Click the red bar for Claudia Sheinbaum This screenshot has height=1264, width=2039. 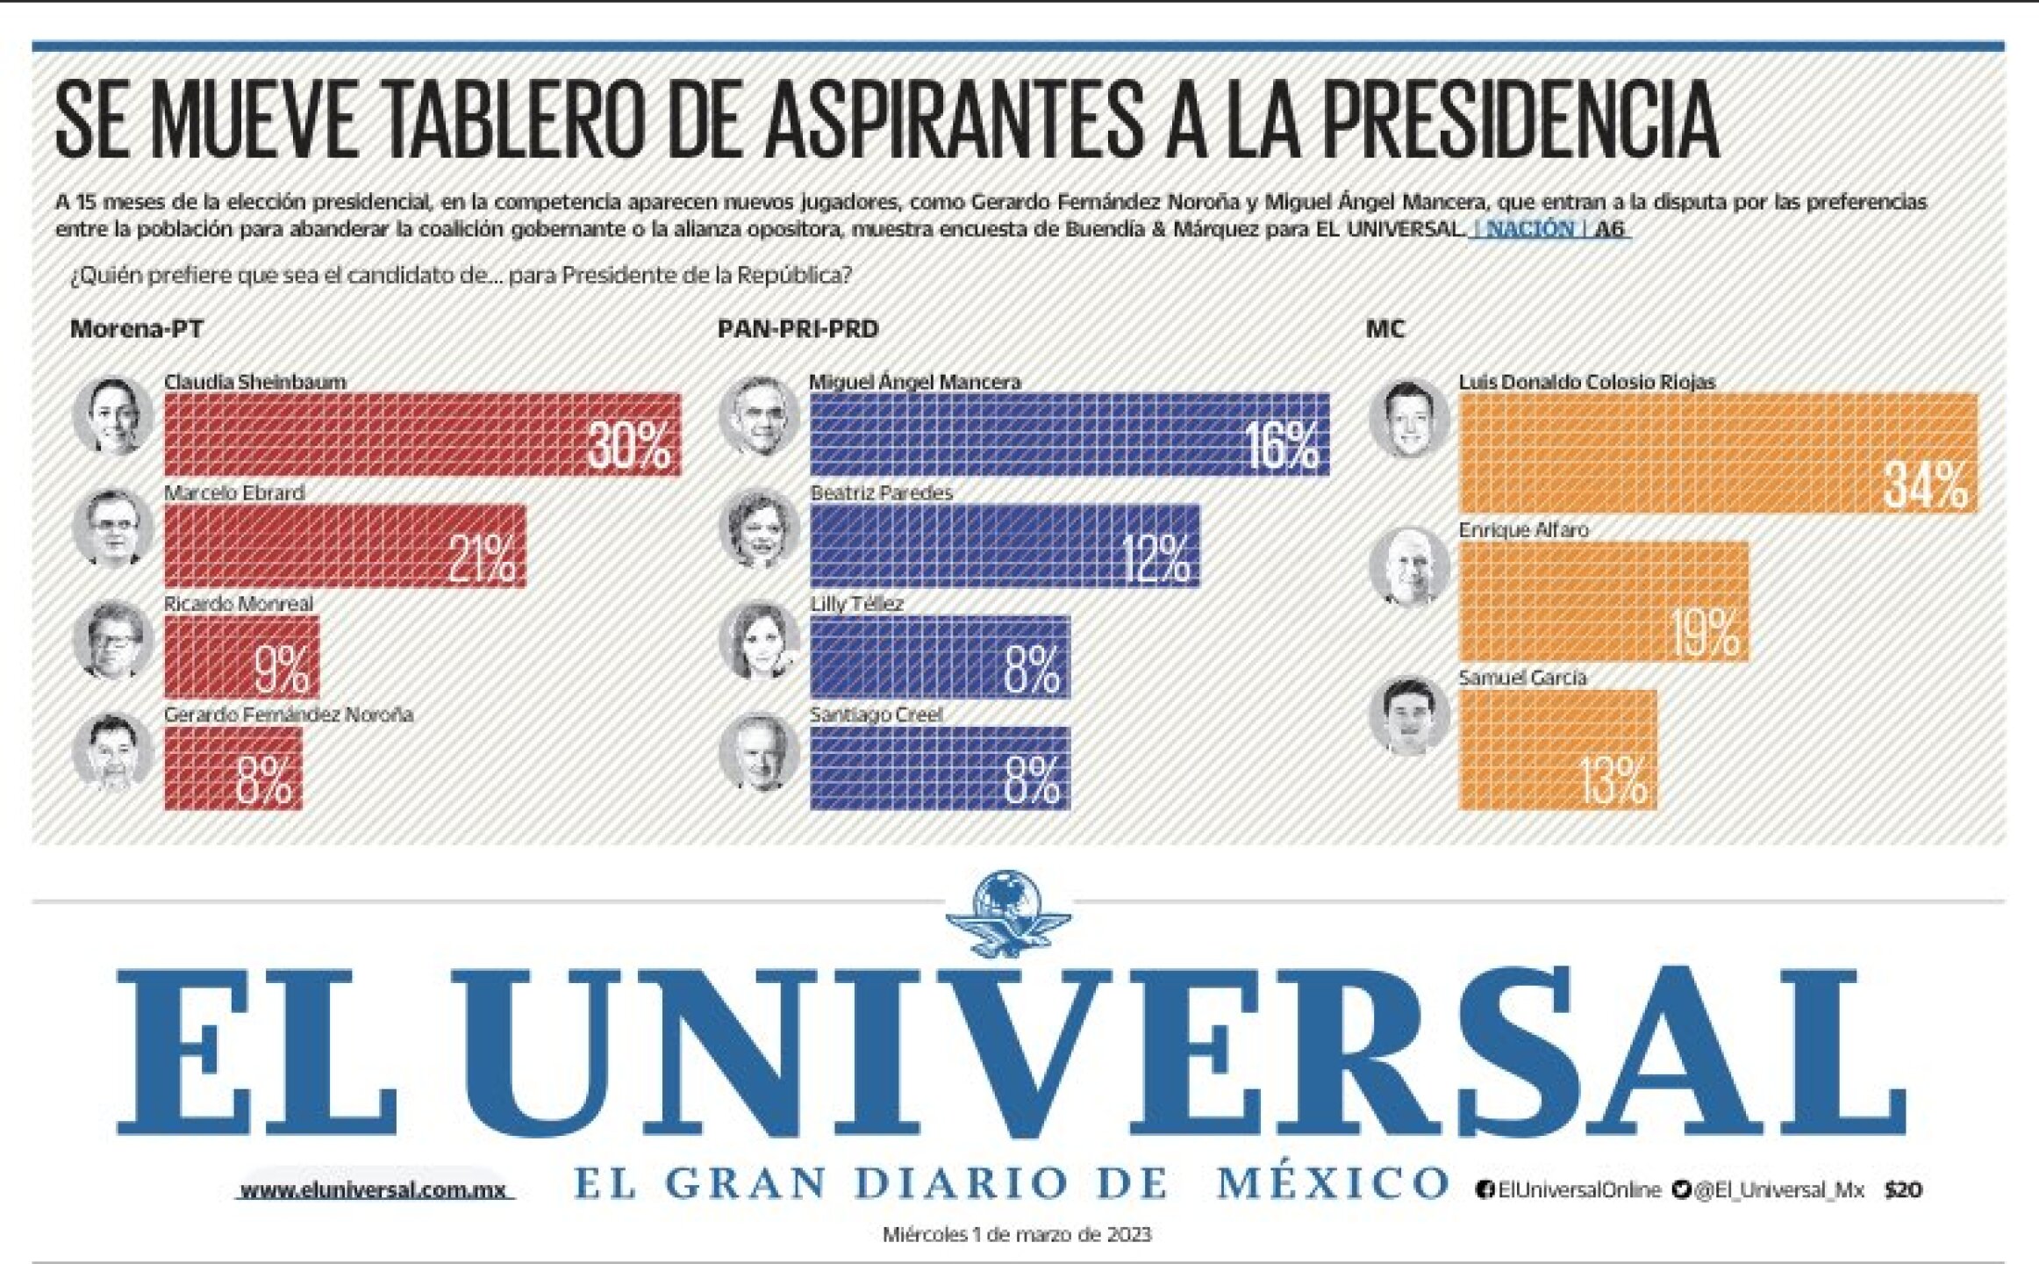tap(421, 434)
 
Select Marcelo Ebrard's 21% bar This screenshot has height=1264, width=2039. tap(344, 545)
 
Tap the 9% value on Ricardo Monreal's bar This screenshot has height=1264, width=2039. tap(282, 669)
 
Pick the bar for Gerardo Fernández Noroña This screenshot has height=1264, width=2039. tap(233, 768)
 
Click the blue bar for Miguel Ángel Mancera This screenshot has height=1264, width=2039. tap(1068, 434)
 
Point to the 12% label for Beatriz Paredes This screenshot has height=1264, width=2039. tap(1155, 558)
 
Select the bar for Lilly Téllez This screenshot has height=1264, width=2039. tap(939, 657)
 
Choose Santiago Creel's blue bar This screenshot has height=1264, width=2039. tap(939, 768)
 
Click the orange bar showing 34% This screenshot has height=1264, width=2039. tap(1718, 453)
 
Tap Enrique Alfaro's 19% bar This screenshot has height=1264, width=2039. tap(1603, 601)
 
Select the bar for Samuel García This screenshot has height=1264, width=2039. tap(1557, 749)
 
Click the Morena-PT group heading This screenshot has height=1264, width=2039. tap(137, 329)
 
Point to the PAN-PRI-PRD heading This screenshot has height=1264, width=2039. tap(798, 329)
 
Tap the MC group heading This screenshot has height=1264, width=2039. tap(1385, 329)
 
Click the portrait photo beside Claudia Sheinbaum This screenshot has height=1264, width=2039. tap(112, 415)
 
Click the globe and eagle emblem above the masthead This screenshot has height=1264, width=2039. tap(1009, 913)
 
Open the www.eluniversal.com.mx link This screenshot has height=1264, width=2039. tap(374, 1190)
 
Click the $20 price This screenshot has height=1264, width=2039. tap(1903, 1190)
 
